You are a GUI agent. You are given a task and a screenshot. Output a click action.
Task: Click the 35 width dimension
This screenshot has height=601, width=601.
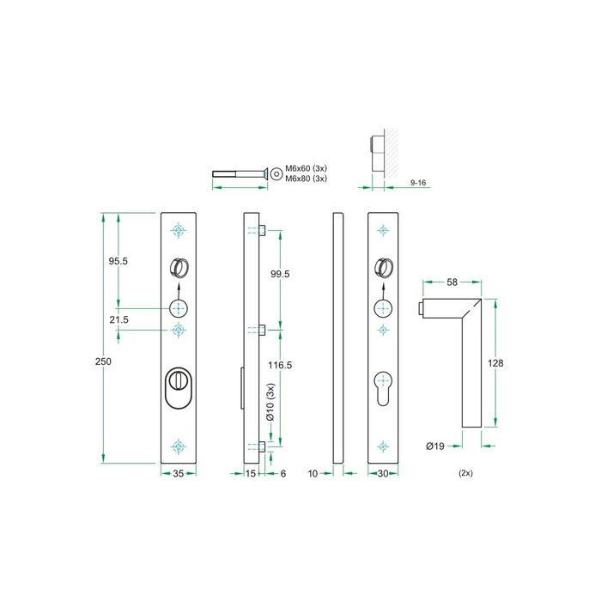[x=178, y=473]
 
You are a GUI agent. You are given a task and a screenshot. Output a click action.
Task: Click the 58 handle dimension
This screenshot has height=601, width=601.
[x=451, y=282]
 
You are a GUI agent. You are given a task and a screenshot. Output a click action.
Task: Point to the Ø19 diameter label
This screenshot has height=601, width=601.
[x=435, y=446]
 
